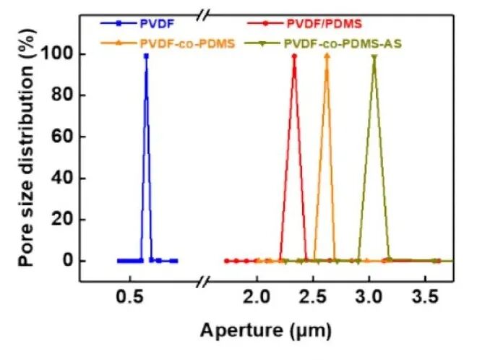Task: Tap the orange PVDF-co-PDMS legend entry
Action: (183, 43)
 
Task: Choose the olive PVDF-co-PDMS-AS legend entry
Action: (342, 43)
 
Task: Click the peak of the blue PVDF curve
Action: (146, 55)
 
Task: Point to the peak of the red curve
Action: (294, 55)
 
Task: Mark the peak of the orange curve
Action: (327, 55)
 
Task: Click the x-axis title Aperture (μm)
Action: (266, 332)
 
